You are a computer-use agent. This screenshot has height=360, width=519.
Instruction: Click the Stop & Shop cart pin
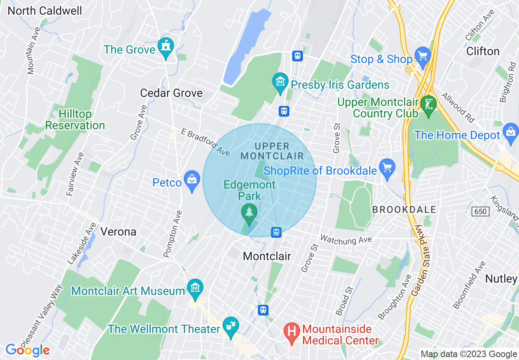click(422, 55)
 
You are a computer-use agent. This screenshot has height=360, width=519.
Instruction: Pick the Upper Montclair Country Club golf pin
click(429, 105)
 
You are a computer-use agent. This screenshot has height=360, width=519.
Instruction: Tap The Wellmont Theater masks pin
click(230, 326)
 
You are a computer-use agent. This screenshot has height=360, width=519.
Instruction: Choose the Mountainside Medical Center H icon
click(292, 330)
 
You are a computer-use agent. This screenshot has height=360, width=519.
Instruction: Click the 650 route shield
click(480, 211)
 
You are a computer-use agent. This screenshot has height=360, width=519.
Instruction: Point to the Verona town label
click(118, 232)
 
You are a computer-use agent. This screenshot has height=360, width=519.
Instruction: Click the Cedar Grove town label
click(171, 93)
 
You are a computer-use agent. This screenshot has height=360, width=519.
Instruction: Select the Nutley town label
click(501, 279)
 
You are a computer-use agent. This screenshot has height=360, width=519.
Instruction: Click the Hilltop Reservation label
click(75, 119)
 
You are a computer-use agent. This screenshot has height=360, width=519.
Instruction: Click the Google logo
click(27, 350)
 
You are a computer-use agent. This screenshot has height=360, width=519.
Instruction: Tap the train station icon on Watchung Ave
click(277, 232)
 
